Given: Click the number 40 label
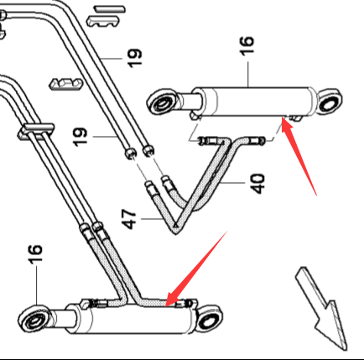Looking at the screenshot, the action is coord(257,184).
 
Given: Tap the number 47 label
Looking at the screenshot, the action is coord(129,219).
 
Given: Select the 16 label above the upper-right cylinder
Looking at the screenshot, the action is coord(247,45).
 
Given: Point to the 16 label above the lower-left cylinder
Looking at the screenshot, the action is coord(35,254).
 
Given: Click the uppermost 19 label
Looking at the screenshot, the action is coord(135,58).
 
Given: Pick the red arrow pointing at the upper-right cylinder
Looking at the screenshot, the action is coord(299,156).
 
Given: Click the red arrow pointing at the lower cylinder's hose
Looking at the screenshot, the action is coord(196,269).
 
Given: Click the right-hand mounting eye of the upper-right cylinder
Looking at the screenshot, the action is coord(329,102).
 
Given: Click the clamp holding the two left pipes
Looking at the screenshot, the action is coord(35,131).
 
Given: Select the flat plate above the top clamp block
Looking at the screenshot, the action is coord(110,9).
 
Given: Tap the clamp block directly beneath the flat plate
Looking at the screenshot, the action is coord(102,21).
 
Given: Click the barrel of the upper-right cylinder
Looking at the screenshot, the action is coord(253,102).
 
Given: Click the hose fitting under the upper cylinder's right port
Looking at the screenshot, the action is coord(254,140).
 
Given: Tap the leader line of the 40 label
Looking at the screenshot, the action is coord(232,183).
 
